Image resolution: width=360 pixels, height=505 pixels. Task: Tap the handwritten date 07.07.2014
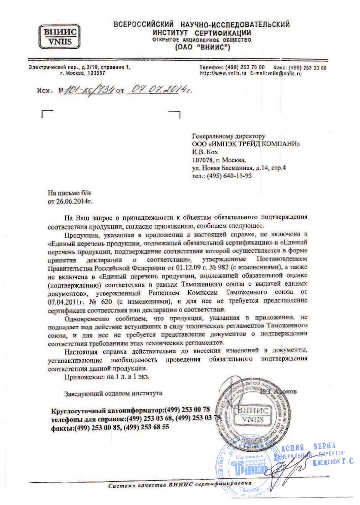click(161, 90)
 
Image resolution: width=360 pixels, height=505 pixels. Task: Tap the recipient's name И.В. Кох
click(205, 152)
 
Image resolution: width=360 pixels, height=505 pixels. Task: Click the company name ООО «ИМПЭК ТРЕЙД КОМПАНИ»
click(246, 144)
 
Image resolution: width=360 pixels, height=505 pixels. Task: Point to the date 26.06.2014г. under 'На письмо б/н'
click(76, 201)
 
